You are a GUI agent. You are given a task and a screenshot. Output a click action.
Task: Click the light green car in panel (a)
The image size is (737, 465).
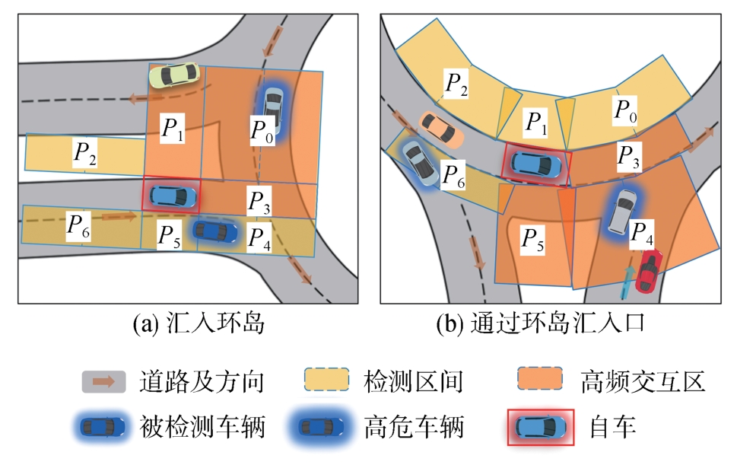pyautogui.click(x=174, y=75)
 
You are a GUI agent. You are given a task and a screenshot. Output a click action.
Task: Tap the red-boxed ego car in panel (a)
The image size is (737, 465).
pyautogui.click(x=172, y=196)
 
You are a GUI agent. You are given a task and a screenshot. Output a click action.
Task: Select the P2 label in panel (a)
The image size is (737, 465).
pyautogui.click(x=84, y=153)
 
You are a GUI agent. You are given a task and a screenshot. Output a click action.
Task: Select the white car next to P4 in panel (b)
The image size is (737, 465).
pyautogui.click(x=624, y=211)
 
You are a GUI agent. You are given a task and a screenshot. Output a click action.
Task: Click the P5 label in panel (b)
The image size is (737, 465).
pyautogui.click(x=532, y=240)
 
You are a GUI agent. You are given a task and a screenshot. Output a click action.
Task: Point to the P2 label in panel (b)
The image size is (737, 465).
pyautogui.click(x=456, y=83)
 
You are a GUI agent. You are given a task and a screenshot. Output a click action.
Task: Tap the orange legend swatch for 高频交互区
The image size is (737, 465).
pyautogui.click(x=539, y=380)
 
